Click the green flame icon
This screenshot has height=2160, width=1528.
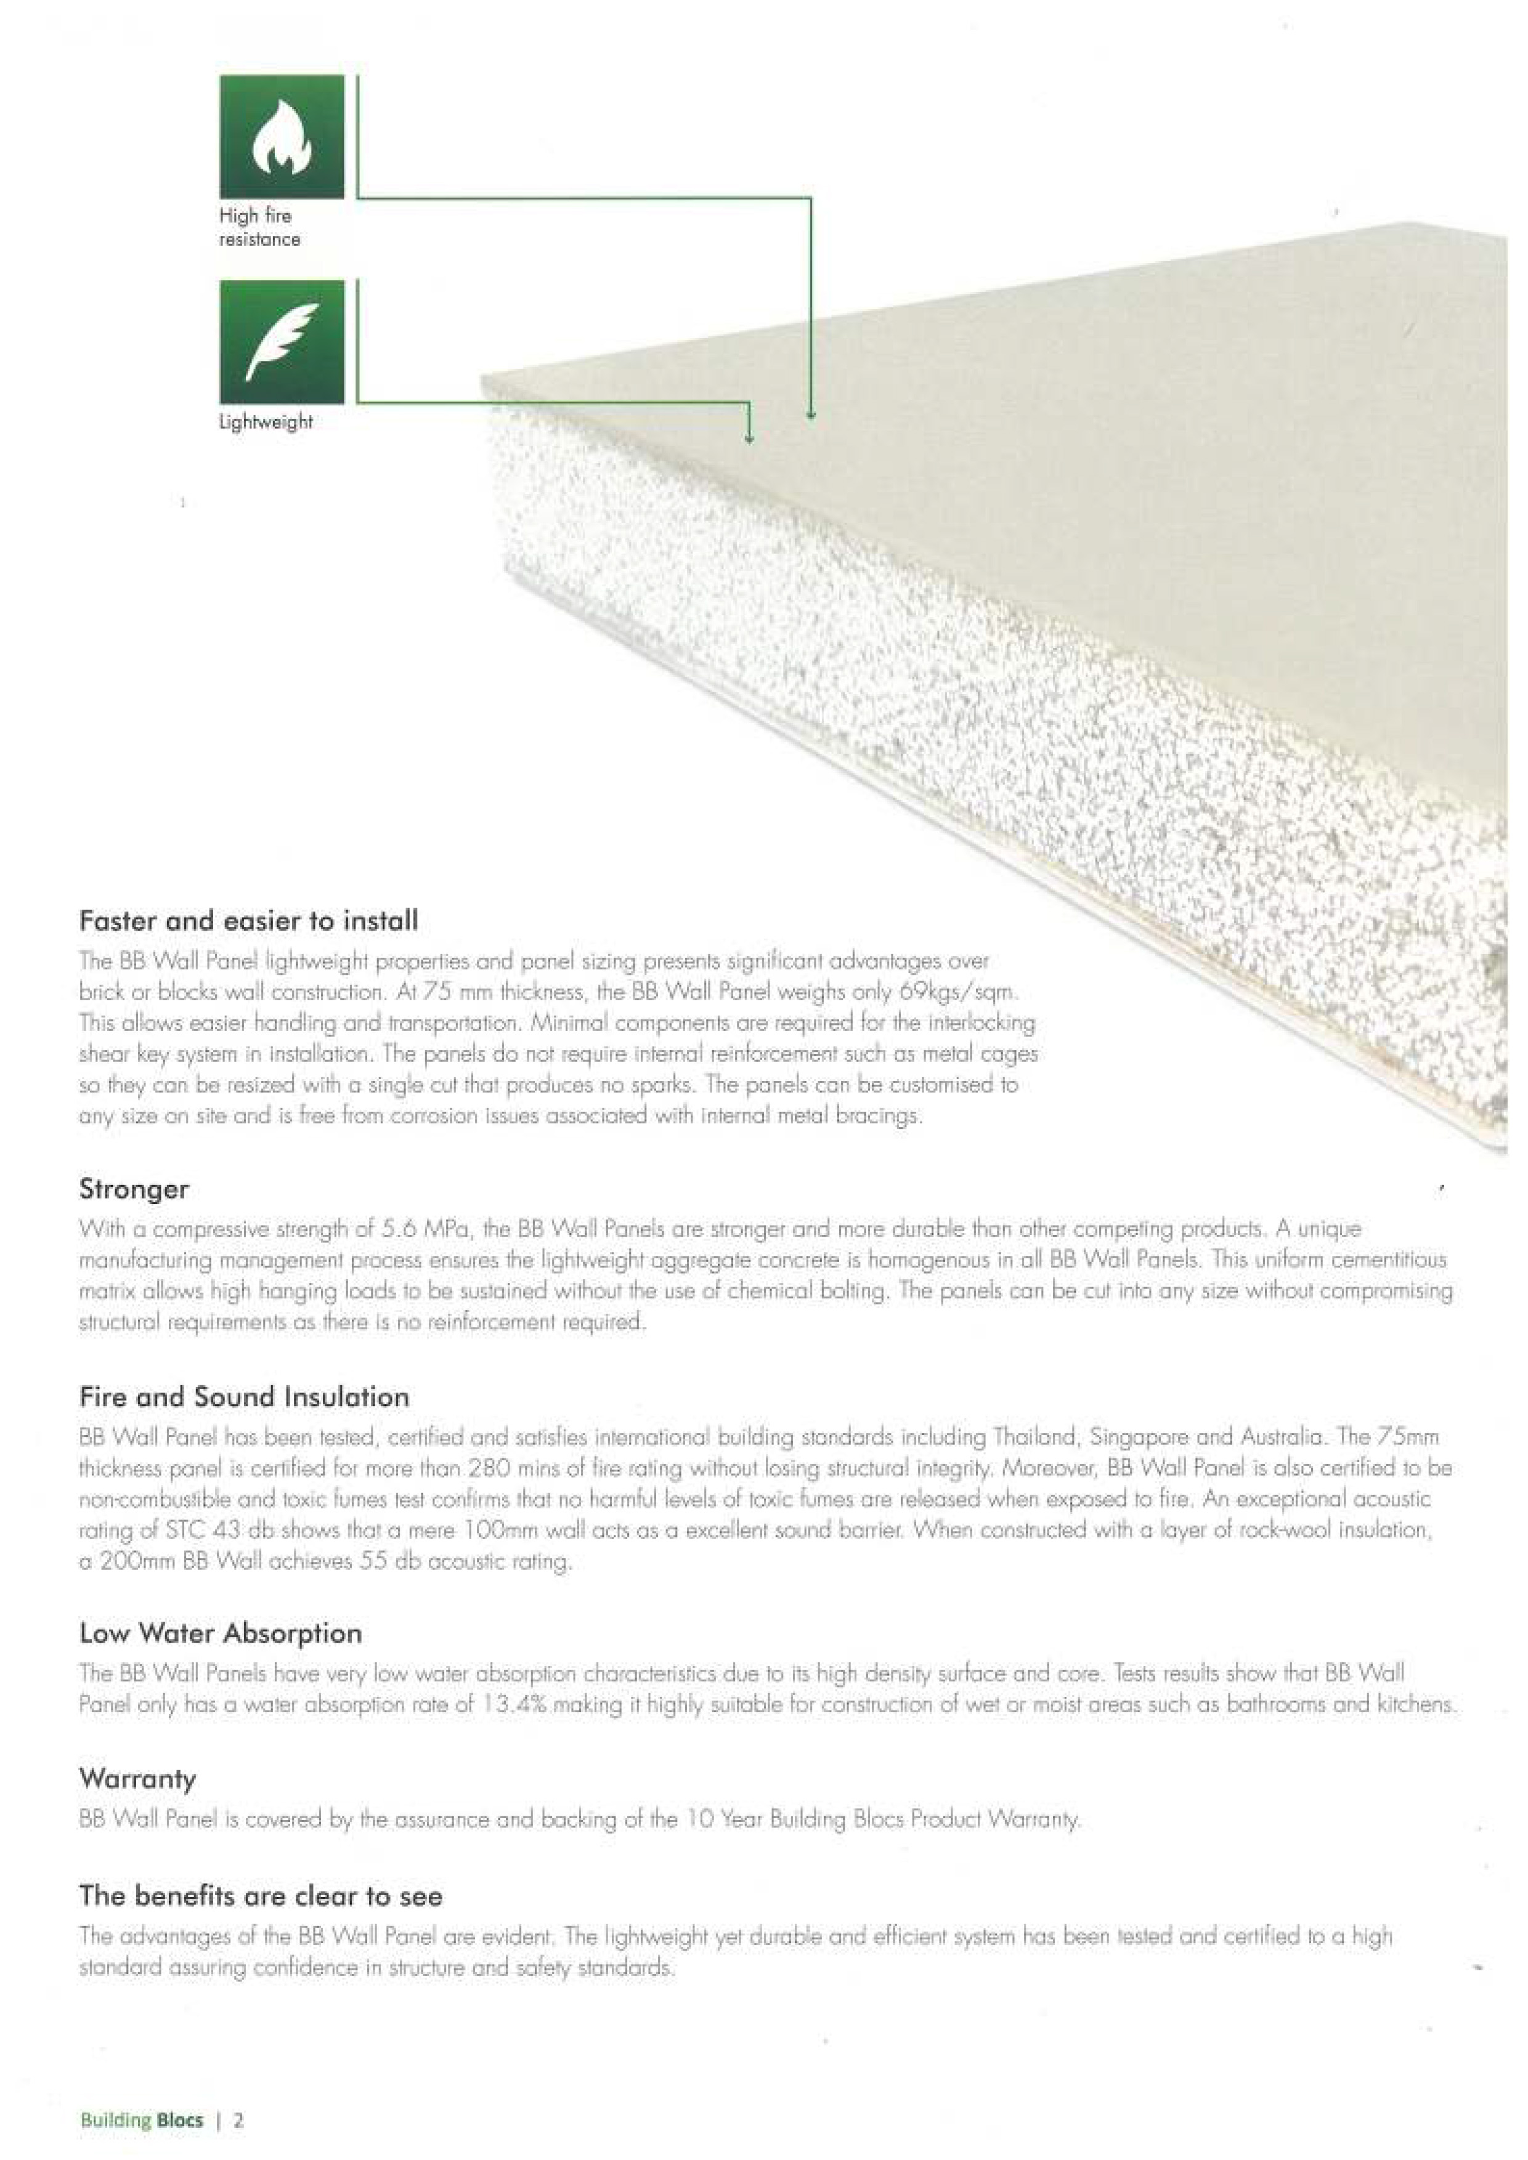[282, 136]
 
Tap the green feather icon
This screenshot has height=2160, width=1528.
[282, 341]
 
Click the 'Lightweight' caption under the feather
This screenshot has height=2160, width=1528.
[266, 423]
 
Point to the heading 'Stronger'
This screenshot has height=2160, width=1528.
[134, 1189]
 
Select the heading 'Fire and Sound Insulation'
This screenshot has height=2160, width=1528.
[245, 1397]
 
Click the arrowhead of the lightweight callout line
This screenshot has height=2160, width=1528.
[749, 437]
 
